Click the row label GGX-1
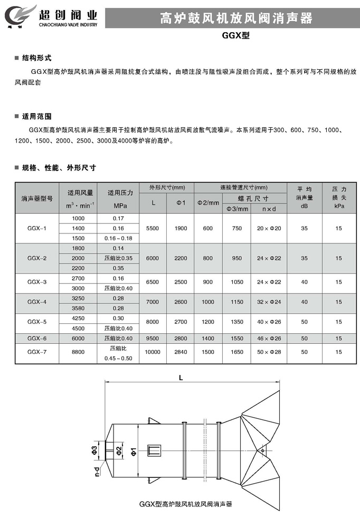[x=37, y=228]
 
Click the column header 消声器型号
[x=37, y=199]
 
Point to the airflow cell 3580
[x=78, y=308]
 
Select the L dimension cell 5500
[x=153, y=228]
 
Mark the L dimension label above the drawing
[x=182, y=378]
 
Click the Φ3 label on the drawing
[x=94, y=449]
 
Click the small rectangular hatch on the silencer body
[x=154, y=450]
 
